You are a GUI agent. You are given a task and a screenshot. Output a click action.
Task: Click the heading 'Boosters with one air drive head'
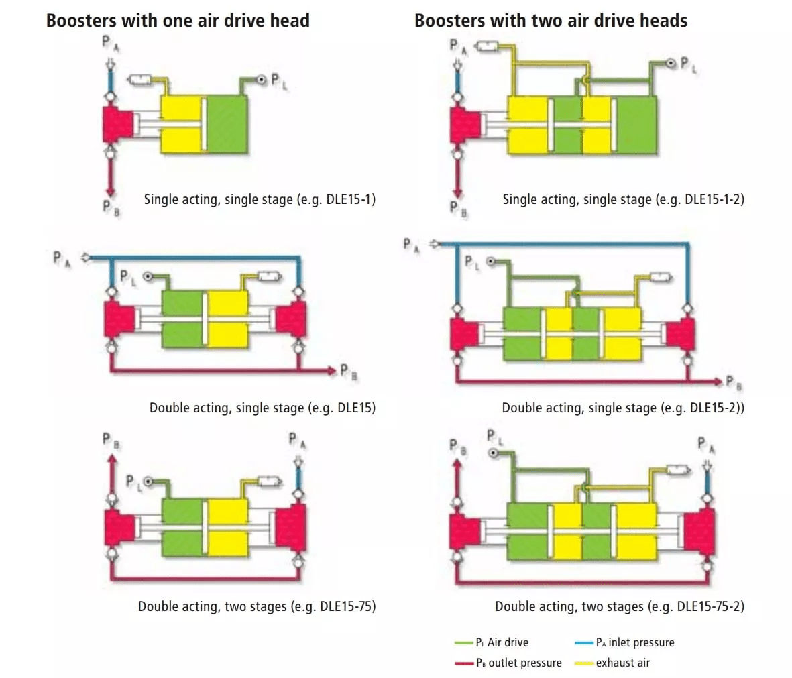178,21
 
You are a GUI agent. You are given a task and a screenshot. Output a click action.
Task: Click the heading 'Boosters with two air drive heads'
551,21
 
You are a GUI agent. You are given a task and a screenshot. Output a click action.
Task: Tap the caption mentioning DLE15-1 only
260,199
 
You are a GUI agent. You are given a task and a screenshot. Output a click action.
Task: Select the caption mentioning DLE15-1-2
623,199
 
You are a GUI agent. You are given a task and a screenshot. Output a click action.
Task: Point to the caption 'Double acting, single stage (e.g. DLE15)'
262,408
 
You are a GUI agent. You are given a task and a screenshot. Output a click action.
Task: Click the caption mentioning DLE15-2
623,408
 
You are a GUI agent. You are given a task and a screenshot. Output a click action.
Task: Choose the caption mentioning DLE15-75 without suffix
257,606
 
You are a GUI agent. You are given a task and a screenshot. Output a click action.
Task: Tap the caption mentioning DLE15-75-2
620,606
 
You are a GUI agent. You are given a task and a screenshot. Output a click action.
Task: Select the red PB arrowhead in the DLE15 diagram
331,370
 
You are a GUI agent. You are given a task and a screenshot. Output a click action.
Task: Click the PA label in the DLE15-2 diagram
411,245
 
